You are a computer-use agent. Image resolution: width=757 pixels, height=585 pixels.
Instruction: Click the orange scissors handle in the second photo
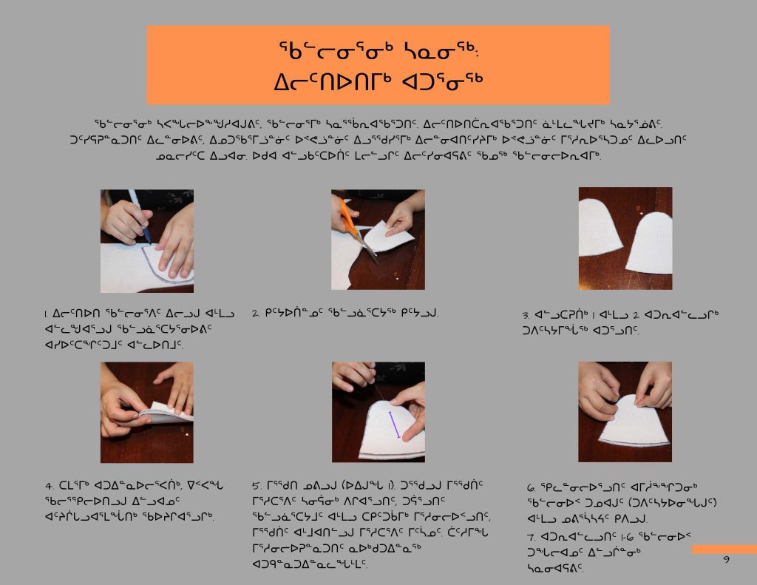point(347,217)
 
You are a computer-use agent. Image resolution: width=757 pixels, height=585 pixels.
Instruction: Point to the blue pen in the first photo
point(140,216)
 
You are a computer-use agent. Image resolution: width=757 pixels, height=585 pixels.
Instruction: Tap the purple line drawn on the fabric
point(395,425)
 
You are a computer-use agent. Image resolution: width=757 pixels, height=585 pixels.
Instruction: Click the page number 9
point(726,559)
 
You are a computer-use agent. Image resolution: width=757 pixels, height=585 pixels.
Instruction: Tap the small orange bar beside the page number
point(724,550)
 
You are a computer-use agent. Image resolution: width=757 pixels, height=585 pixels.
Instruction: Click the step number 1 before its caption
point(47,314)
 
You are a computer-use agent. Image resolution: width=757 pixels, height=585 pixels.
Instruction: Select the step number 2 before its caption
point(256,314)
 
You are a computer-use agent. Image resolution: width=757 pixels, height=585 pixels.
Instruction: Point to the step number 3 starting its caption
point(526,316)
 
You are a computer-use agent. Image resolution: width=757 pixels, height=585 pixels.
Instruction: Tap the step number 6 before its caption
point(531,488)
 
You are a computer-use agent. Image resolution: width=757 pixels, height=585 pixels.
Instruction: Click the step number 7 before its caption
point(531,537)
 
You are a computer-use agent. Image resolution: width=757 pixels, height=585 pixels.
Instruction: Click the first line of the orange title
point(378,50)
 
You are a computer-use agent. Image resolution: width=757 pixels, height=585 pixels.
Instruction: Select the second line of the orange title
point(378,81)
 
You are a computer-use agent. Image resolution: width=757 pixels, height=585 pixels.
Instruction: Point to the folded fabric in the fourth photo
point(165,413)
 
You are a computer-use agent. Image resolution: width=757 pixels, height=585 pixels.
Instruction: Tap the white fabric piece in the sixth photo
point(633,422)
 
